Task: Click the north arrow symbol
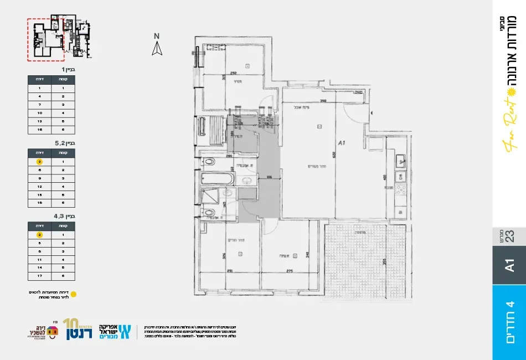157,49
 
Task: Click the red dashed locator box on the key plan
46,39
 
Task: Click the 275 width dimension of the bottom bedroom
288,271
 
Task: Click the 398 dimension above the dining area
323,101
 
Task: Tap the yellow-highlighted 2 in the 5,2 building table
39,162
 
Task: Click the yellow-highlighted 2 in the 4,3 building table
39,235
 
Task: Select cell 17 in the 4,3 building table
39,275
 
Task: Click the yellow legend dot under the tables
74,294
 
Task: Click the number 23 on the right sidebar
509,236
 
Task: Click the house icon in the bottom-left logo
53,332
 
